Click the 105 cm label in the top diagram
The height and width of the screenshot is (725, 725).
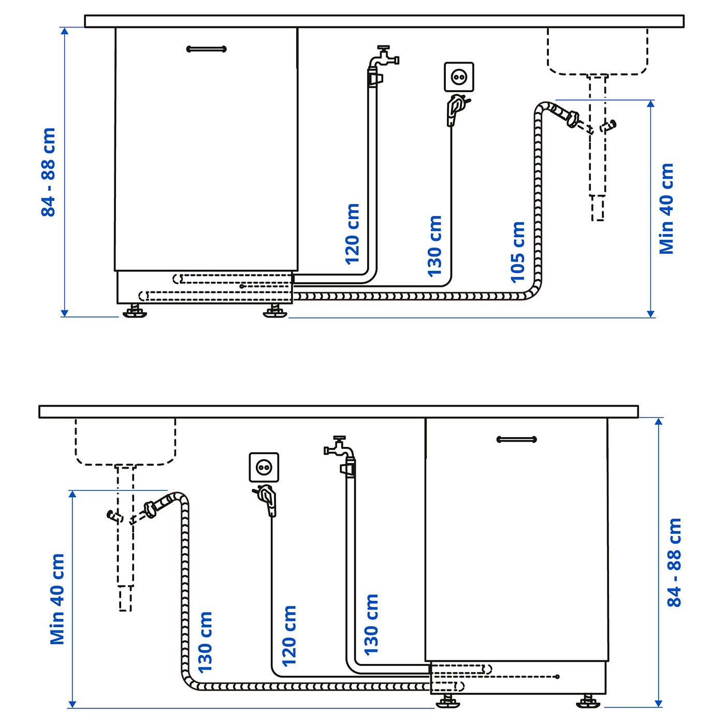517,252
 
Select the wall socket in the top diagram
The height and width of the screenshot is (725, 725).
459,77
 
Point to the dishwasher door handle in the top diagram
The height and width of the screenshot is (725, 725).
206,49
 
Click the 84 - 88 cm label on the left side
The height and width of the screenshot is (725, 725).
48,172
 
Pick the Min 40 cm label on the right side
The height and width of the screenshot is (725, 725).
666,209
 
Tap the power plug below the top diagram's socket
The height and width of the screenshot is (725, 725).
455,109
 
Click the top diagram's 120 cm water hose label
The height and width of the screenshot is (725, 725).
352,234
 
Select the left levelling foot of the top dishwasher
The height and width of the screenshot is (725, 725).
135,311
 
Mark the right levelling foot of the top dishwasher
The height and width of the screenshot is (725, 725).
274,311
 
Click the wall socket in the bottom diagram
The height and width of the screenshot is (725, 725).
264,468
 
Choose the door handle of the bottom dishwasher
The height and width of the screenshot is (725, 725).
516,440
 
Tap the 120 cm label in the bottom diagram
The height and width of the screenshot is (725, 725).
289,636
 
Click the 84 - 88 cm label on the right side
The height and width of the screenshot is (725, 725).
674,562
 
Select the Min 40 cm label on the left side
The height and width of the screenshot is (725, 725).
57,599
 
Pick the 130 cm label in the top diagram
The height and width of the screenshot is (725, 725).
434,246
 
